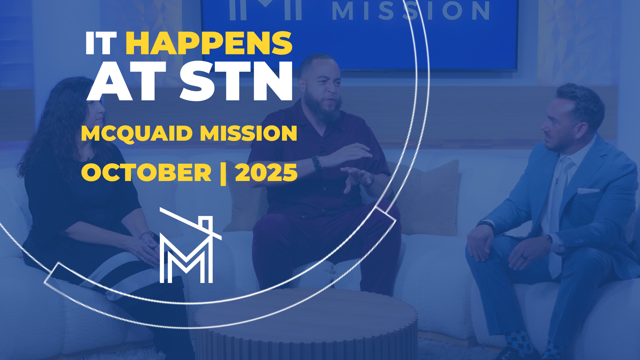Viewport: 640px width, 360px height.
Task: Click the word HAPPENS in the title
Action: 209,43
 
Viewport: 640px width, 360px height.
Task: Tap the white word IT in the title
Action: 101,43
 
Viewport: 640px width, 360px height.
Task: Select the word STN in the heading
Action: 236,82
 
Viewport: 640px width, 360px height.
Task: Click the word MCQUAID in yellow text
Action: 137,133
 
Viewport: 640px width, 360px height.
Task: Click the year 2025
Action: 266,173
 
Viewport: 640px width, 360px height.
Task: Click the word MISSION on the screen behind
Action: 410,11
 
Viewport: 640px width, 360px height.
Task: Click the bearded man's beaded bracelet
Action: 316,163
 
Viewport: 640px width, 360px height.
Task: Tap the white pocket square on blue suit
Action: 588,191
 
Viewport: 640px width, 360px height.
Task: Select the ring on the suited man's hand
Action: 524,257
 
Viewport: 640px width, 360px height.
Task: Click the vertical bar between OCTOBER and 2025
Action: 223,173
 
